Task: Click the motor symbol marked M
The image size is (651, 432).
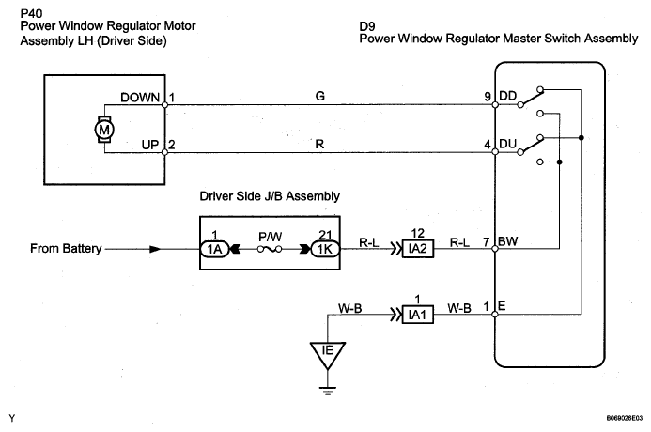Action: point(103,130)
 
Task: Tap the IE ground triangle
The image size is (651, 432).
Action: point(328,354)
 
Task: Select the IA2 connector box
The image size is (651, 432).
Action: point(418,249)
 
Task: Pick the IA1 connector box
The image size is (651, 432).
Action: point(418,315)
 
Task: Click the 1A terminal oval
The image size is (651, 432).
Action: point(214,249)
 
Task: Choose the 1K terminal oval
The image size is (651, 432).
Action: point(325,249)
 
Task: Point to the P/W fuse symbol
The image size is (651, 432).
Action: point(270,249)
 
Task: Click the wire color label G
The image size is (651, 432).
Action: point(319,96)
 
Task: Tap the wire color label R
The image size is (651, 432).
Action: point(319,144)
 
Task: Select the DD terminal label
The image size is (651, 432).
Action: point(507,96)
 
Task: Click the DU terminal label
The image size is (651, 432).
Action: point(507,144)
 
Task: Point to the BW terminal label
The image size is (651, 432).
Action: point(508,241)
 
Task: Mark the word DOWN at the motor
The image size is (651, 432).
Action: point(140,98)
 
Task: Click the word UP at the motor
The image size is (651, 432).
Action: point(150,145)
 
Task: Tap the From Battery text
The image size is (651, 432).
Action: point(66,249)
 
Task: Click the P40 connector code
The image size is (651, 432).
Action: point(31,14)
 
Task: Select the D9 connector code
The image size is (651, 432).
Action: point(367,26)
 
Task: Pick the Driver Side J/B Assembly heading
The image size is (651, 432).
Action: point(270,196)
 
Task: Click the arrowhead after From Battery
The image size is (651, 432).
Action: point(155,249)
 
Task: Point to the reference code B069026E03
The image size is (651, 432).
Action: point(624,418)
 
